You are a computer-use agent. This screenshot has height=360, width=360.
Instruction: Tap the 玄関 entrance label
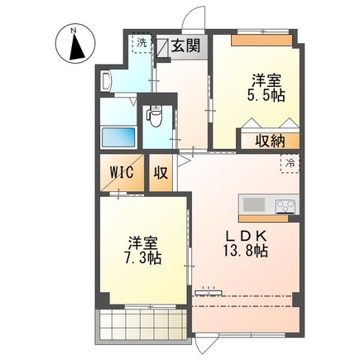[186, 46]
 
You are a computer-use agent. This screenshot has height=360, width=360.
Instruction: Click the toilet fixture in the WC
[154, 115]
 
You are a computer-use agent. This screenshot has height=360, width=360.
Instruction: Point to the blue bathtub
[115, 137]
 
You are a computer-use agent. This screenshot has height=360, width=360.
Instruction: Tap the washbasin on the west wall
[108, 80]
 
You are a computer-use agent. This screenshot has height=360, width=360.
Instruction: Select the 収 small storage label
[161, 174]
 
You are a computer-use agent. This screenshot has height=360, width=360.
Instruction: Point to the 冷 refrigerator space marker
[290, 164]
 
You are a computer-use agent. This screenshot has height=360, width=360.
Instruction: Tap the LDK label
[247, 232]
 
